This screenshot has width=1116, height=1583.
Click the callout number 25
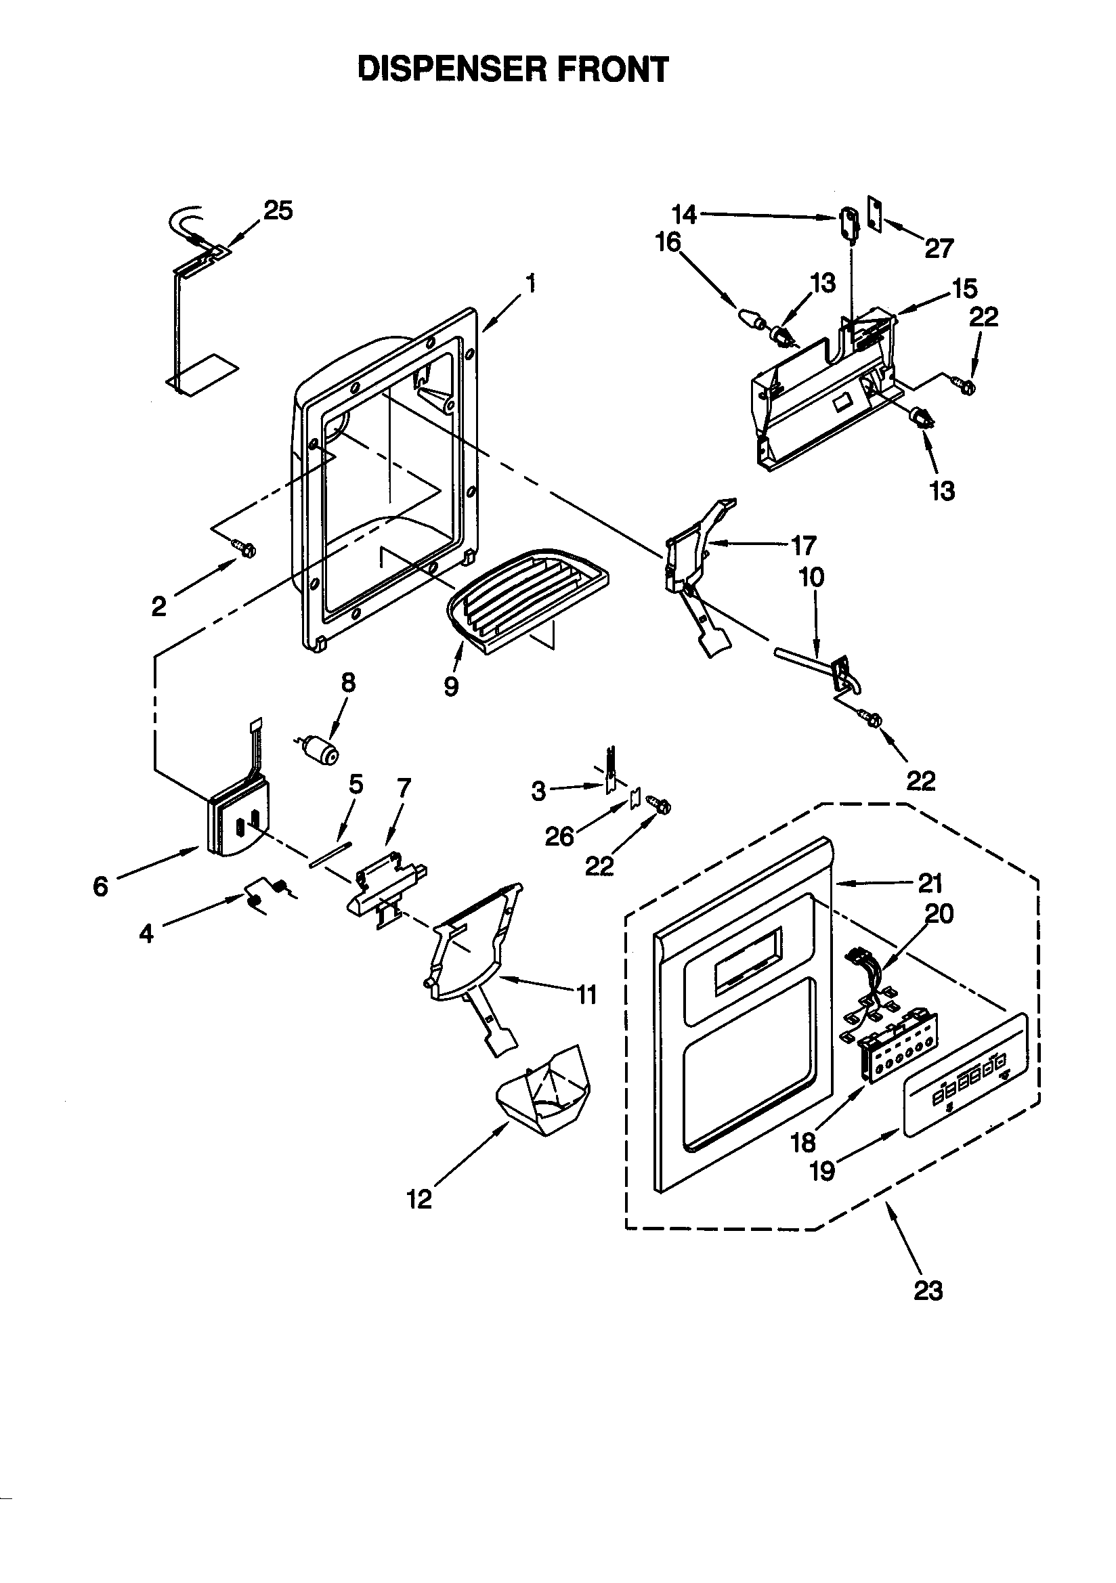click(x=278, y=211)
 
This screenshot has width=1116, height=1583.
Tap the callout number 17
click(x=803, y=545)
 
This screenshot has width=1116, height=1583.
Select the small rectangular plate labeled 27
click(x=876, y=215)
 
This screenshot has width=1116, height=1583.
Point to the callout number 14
click(x=684, y=215)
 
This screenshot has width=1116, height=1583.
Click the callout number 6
click(x=101, y=886)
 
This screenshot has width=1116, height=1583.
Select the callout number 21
click(x=930, y=882)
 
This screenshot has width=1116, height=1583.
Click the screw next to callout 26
click(x=659, y=804)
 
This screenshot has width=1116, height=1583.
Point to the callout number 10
click(x=811, y=577)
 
